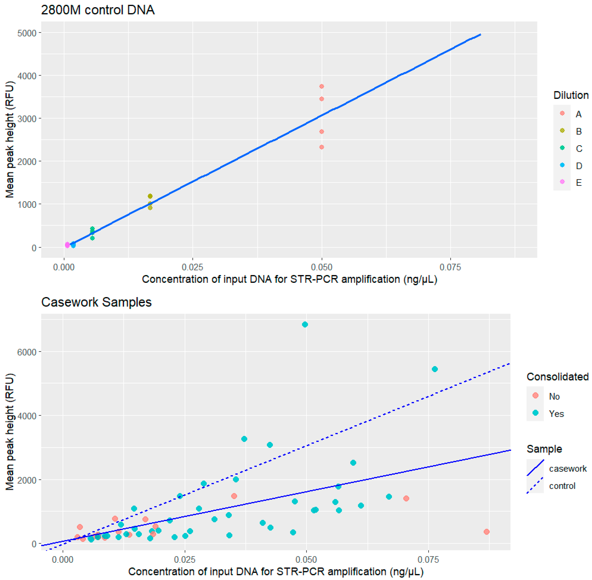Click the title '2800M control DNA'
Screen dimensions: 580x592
(x=98, y=10)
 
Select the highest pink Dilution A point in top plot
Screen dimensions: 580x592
(x=321, y=87)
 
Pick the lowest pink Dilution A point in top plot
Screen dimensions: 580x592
(x=321, y=147)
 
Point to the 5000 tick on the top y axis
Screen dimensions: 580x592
(x=27, y=33)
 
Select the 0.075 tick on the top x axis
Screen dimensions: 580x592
(x=450, y=267)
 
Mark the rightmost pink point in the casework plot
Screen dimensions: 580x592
(x=487, y=532)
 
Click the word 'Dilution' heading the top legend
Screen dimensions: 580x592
(x=571, y=95)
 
